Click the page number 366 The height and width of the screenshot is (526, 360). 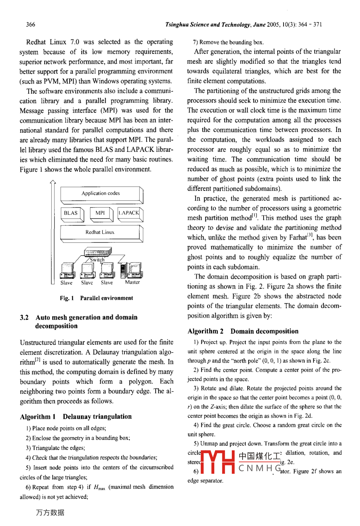point(31,24)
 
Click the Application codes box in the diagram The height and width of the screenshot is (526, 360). point(100,194)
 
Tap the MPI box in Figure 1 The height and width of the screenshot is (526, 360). point(100,213)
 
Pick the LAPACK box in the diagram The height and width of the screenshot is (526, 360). point(129,213)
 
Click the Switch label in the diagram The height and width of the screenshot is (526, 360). point(97,260)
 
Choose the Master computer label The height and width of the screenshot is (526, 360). point(133,282)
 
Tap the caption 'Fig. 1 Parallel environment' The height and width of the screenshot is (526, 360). point(96,298)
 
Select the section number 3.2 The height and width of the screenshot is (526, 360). point(24,318)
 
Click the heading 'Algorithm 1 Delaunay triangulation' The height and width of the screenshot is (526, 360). point(76,416)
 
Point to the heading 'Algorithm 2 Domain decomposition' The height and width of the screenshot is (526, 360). point(243,331)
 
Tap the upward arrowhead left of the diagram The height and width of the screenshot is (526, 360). point(53,183)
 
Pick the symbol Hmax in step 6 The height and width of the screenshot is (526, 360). point(99,487)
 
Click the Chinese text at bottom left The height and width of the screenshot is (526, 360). point(50,513)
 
